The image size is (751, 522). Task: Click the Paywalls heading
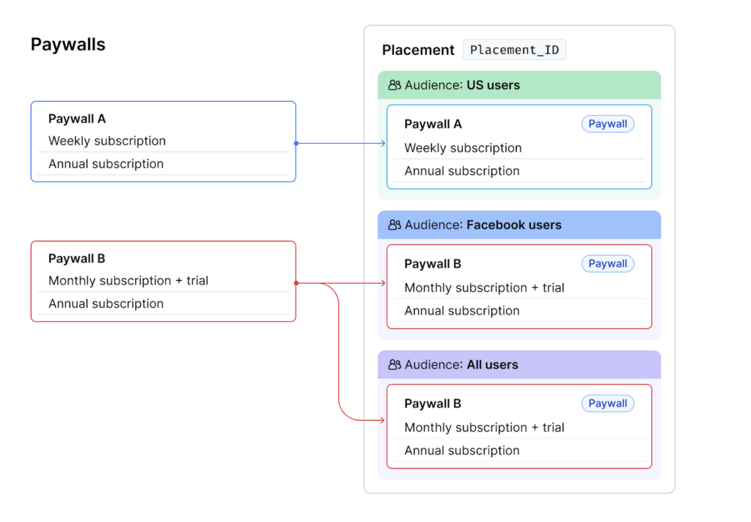(x=68, y=45)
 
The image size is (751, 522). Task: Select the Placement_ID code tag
(x=514, y=50)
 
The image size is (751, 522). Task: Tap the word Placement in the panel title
(x=418, y=50)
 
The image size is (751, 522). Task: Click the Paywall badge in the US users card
(x=607, y=124)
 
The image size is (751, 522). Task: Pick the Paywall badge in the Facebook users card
(x=607, y=264)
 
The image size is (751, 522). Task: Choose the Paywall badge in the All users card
(x=607, y=403)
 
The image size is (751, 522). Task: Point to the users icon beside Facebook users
(x=395, y=225)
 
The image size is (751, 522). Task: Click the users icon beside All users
(x=395, y=364)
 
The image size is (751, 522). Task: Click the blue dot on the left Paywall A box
(x=296, y=143)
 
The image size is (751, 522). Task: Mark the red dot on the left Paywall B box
(x=296, y=283)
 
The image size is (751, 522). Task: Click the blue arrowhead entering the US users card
(x=383, y=143)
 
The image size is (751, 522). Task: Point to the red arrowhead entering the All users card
(x=383, y=420)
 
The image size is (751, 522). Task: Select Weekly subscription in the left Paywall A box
(x=107, y=141)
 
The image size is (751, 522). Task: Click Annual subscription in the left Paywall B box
(x=106, y=304)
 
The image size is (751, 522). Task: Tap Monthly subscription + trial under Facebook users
(x=484, y=287)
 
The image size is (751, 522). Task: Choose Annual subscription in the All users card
(x=461, y=451)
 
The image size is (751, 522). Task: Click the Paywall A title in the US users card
(x=433, y=124)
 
